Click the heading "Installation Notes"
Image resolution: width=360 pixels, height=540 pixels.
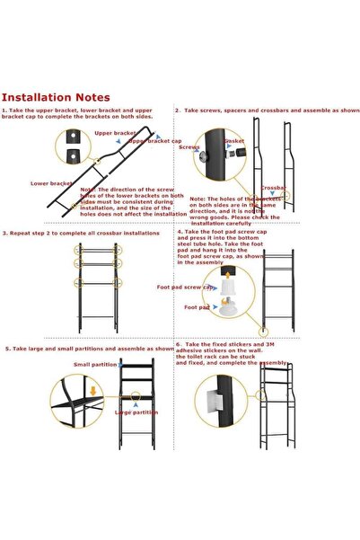[56, 97]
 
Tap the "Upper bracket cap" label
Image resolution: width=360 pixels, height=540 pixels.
[154, 141]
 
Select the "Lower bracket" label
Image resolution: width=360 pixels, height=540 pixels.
[50, 182]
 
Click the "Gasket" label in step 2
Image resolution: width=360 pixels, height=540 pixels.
[234, 141]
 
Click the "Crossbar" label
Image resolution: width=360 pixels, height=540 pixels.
[274, 189]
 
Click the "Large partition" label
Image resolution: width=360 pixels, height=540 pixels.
[136, 412]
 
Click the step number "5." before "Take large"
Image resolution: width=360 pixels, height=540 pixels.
[7, 348]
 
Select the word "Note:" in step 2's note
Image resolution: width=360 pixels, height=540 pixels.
[198, 198]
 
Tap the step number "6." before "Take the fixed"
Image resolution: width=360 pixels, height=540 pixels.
[180, 343]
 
